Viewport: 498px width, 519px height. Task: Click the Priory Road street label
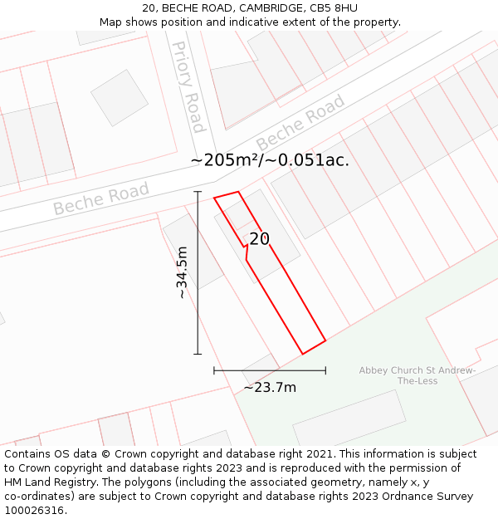tap(188, 86)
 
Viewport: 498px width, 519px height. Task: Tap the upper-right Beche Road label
tap(300, 123)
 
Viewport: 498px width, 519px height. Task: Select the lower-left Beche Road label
tap(101, 198)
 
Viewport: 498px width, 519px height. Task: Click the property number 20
tap(260, 239)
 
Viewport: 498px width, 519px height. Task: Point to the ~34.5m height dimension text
tap(182, 273)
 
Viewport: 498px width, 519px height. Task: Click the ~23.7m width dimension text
tap(270, 387)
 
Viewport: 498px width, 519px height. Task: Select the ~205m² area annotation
tap(270, 160)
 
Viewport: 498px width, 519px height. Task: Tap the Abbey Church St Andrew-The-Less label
tap(417, 375)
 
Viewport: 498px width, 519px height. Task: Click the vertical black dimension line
tap(198, 273)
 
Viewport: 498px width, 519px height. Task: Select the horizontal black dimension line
tap(270, 370)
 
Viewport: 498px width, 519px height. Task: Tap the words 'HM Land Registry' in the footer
tap(48, 482)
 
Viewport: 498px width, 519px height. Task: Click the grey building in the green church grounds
tap(349, 420)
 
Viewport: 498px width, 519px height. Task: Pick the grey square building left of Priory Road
tap(120, 97)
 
